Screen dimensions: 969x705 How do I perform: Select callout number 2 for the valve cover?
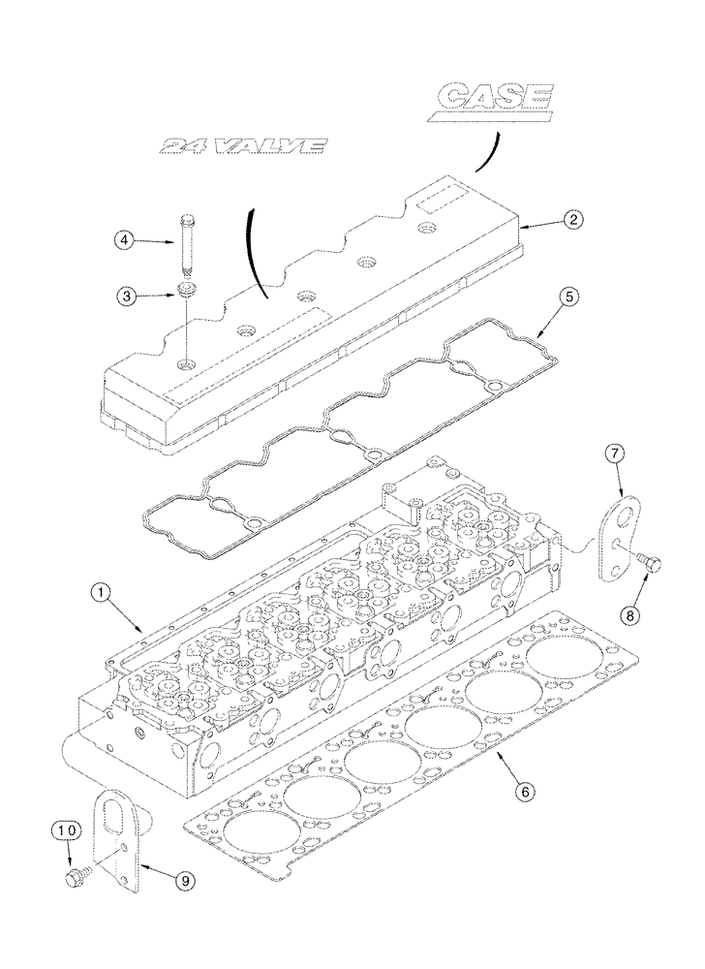pos(573,220)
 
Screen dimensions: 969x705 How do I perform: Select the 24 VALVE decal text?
pos(241,146)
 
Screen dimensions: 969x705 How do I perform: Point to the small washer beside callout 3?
pos(186,291)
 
